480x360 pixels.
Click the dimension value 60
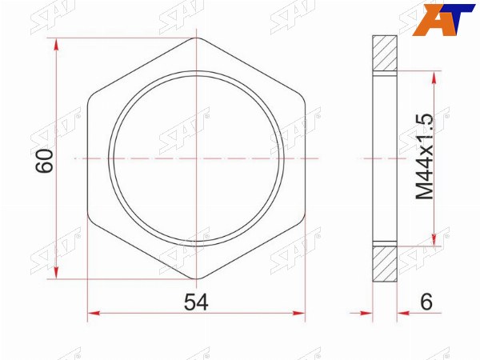tap(44, 161)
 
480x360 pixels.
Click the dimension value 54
tap(196, 302)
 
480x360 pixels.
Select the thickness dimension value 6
tap(426, 302)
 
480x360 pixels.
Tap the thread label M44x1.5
tap(424, 157)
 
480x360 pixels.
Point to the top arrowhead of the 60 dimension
tap(56, 45)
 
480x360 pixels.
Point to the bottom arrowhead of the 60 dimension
tap(56, 272)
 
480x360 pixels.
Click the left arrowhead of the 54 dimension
tap(94, 313)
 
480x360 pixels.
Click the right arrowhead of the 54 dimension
tap(298, 313)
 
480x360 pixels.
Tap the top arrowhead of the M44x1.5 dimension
tap(434, 78)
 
